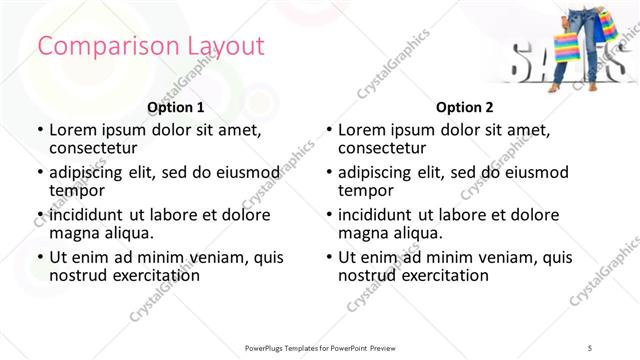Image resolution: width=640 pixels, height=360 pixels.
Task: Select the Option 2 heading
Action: (465, 107)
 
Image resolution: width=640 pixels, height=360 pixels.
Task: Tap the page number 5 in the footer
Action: (603, 347)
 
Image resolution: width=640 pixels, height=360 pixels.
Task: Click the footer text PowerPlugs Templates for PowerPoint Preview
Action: (320, 347)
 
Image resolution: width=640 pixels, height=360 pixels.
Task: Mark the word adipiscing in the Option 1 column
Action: (92, 171)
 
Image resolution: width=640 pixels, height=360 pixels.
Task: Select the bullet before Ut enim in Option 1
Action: (40, 257)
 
